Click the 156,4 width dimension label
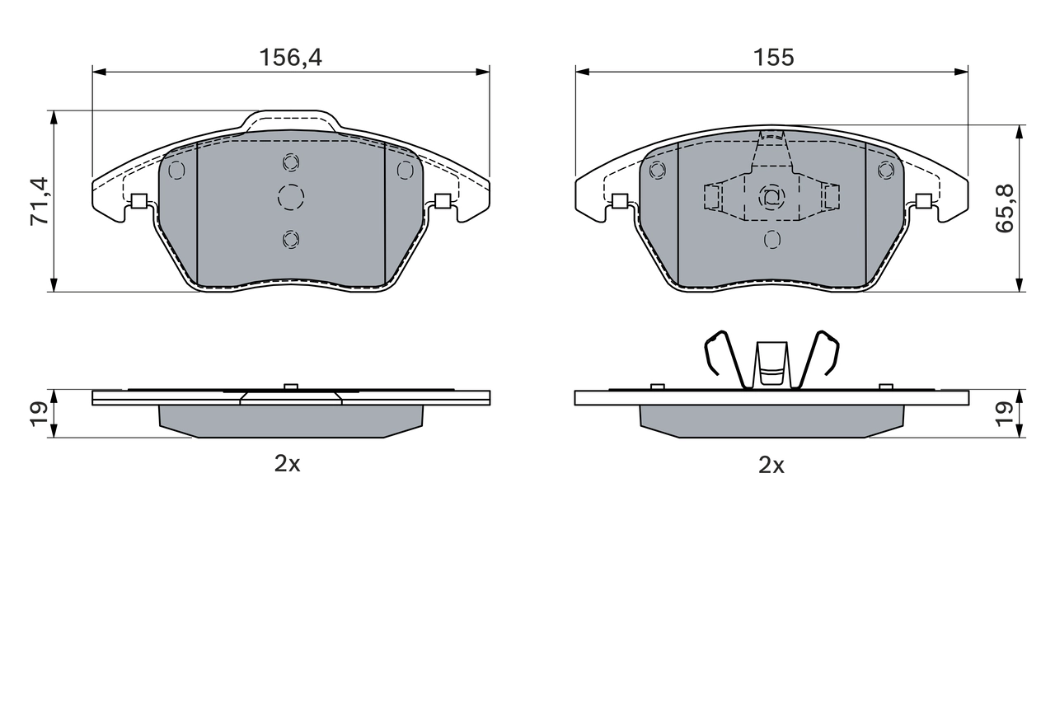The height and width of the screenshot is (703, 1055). (x=290, y=58)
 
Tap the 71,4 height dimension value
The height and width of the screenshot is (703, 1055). (x=39, y=201)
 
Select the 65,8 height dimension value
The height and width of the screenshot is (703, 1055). (x=1005, y=208)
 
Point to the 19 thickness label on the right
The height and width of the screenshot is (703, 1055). (x=1005, y=412)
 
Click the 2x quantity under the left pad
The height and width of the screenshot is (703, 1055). (x=288, y=464)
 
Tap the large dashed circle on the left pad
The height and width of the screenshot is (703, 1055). (x=290, y=197)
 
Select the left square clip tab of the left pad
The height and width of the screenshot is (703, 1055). (x=138, y=200)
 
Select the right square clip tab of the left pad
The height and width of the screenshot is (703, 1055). (x=443, y=200)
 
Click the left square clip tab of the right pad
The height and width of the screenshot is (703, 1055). (x=620, y=200)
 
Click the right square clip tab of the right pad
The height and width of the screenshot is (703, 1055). (x=924, y=200)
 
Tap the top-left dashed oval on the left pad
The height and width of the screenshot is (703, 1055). (x=176, y=170)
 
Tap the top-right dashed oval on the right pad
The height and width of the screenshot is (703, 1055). (x=886, y=170)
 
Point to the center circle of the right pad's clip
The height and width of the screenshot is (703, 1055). (x=771, y=197)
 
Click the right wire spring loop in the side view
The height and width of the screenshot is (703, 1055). (x=825, y=355)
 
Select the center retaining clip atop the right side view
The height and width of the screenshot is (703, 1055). (x=771, y=363)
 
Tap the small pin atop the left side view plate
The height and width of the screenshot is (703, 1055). (x=290, y=387)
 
